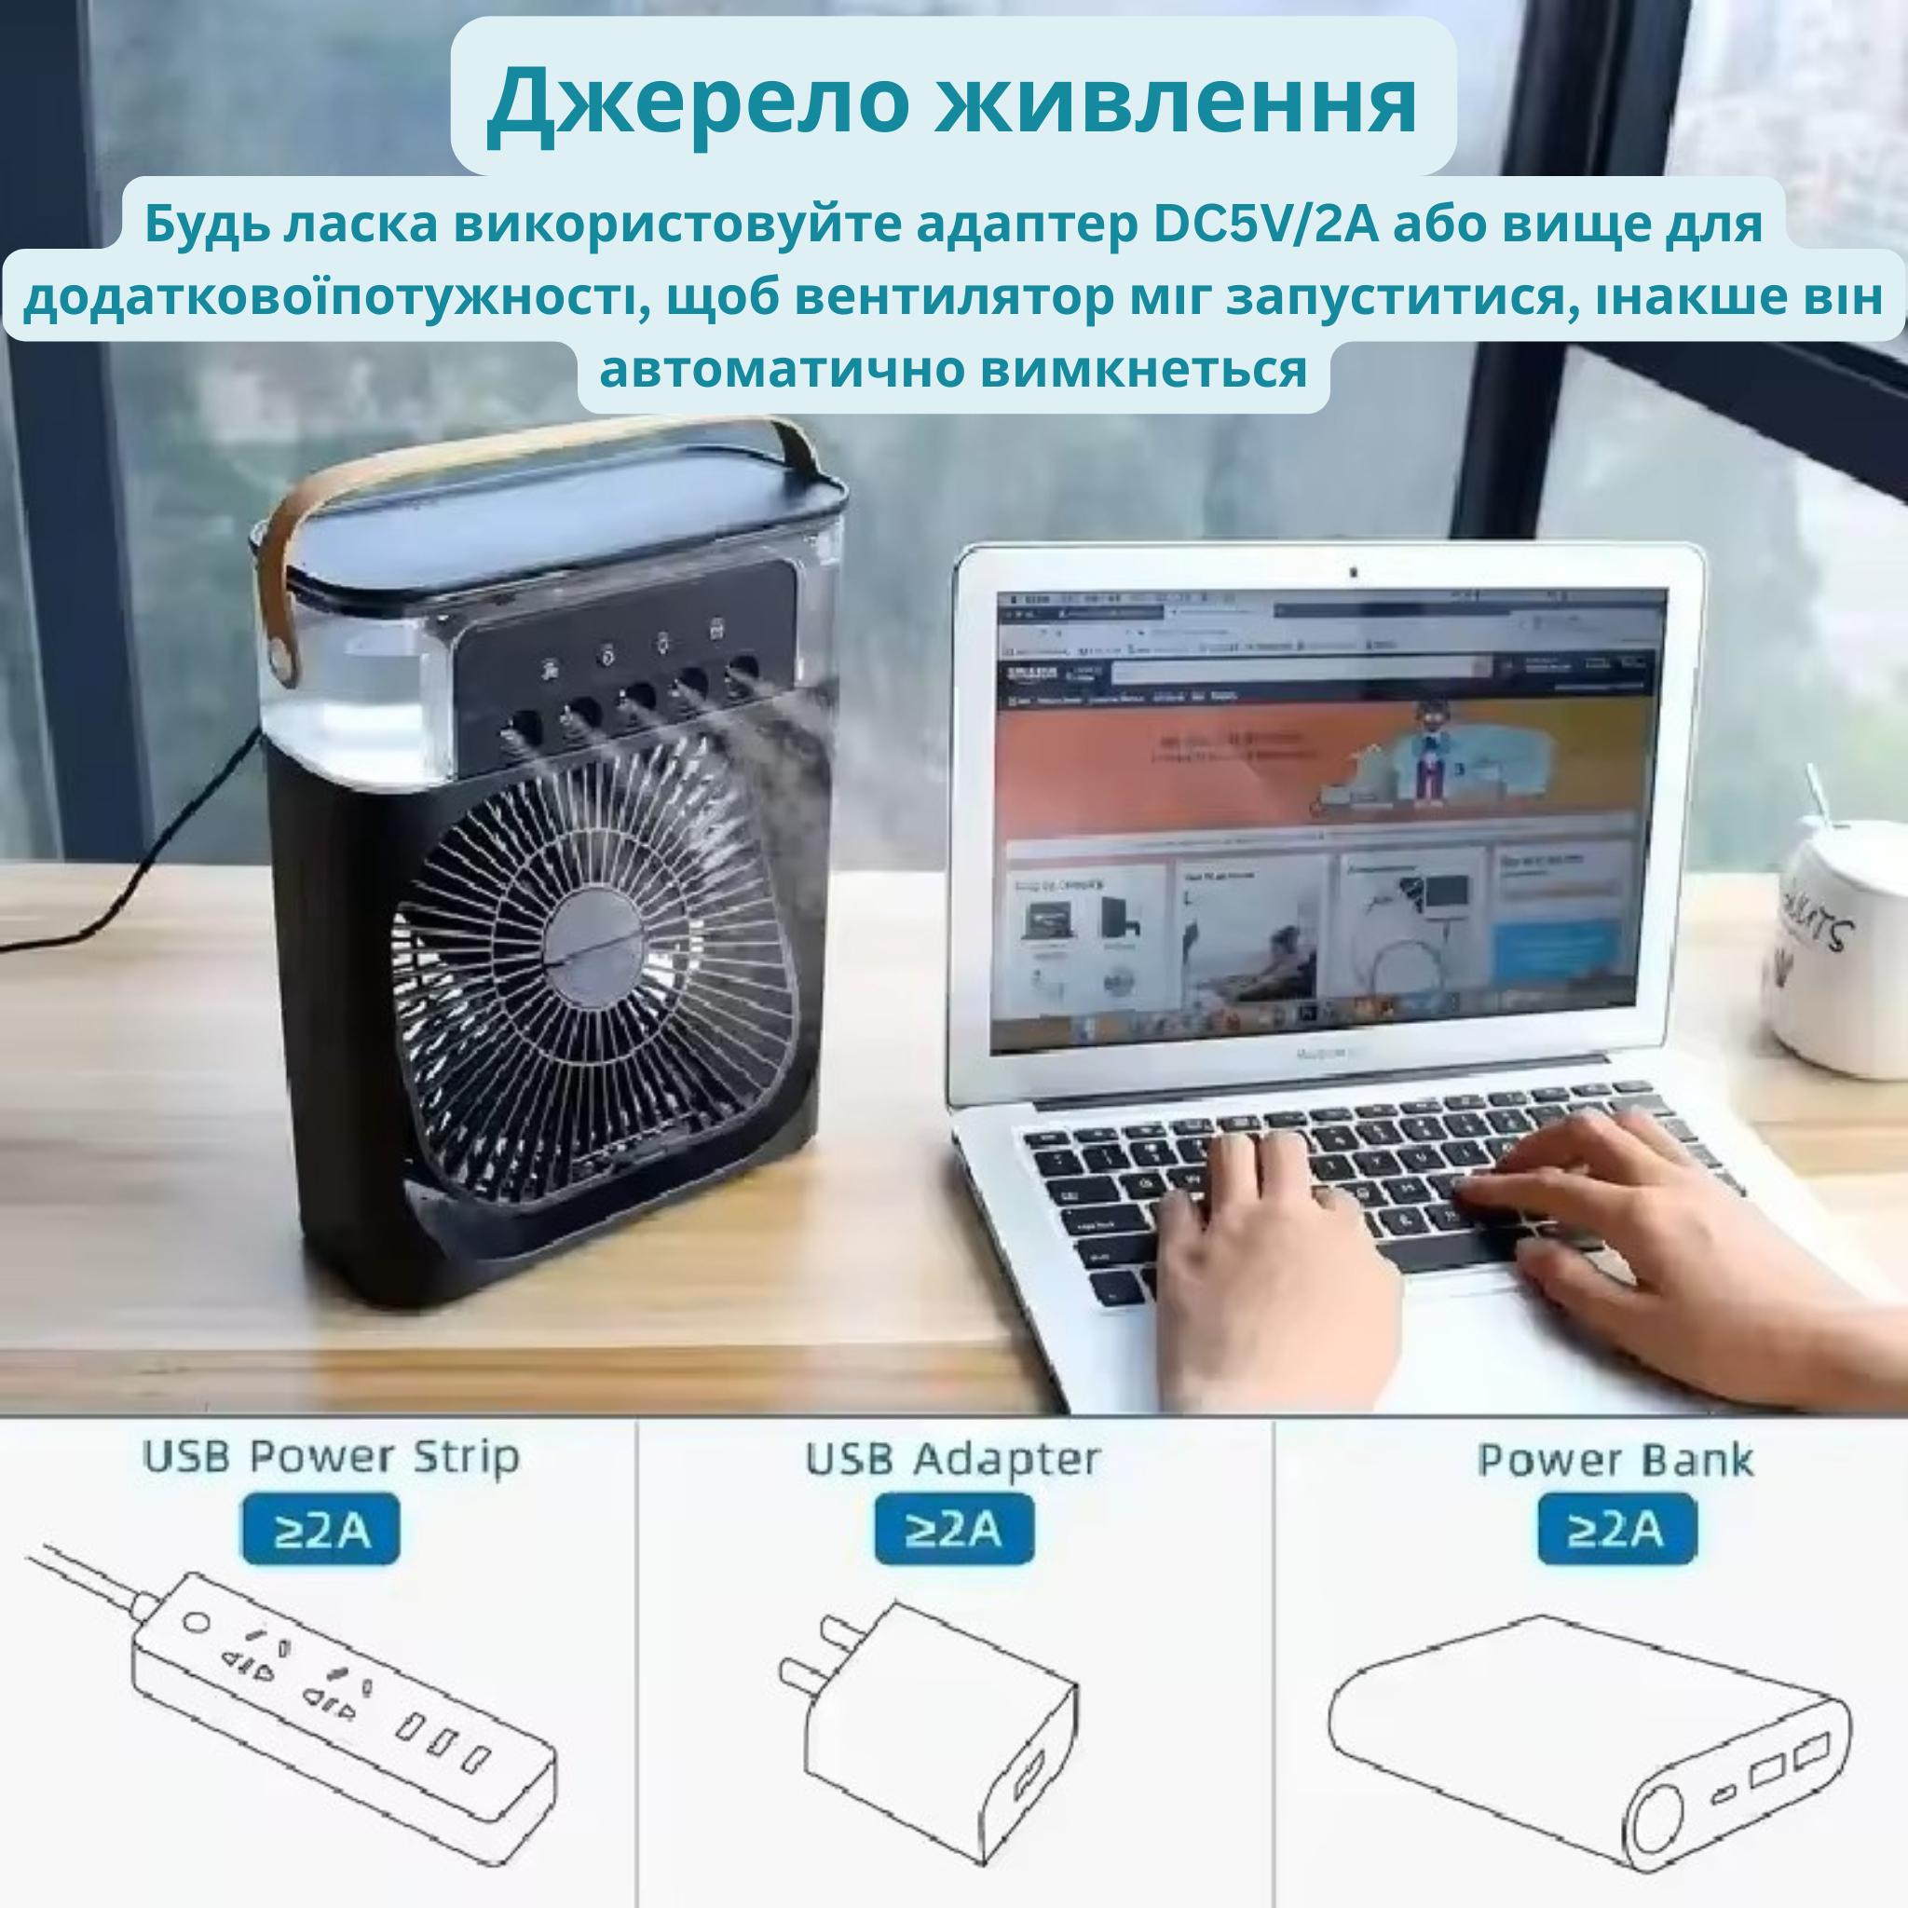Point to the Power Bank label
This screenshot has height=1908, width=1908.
[1615, 1460]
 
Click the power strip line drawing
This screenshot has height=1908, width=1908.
[326, 1698]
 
